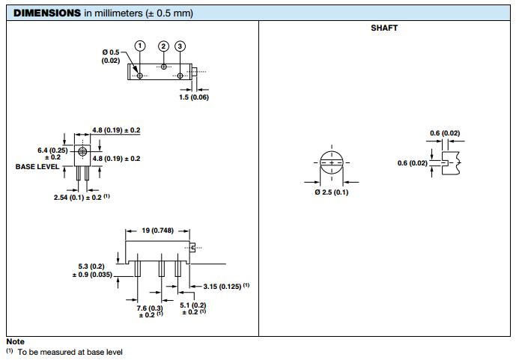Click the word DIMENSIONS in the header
click(x=47, y=13)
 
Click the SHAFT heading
click(x=384, y=28)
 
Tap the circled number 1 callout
click(x=140, y=46)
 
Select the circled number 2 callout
click(x=163, y=46)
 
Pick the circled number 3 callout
click(x=180, y=46)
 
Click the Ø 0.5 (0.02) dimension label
click(x=111, y=56)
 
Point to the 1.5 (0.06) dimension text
click(x=194, y=97)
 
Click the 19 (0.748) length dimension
click(x=157, y=231)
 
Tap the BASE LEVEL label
click(x=37, y=167)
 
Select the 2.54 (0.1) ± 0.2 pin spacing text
click(x=78, y=198)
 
